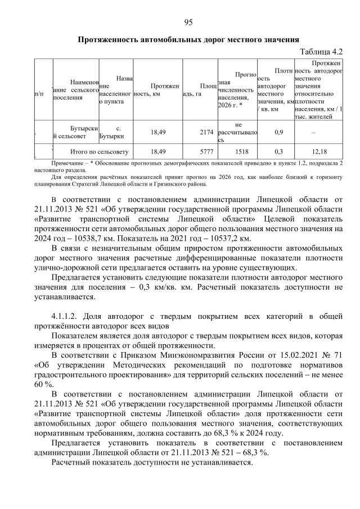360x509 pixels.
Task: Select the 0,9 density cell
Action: tap(278, 132)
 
